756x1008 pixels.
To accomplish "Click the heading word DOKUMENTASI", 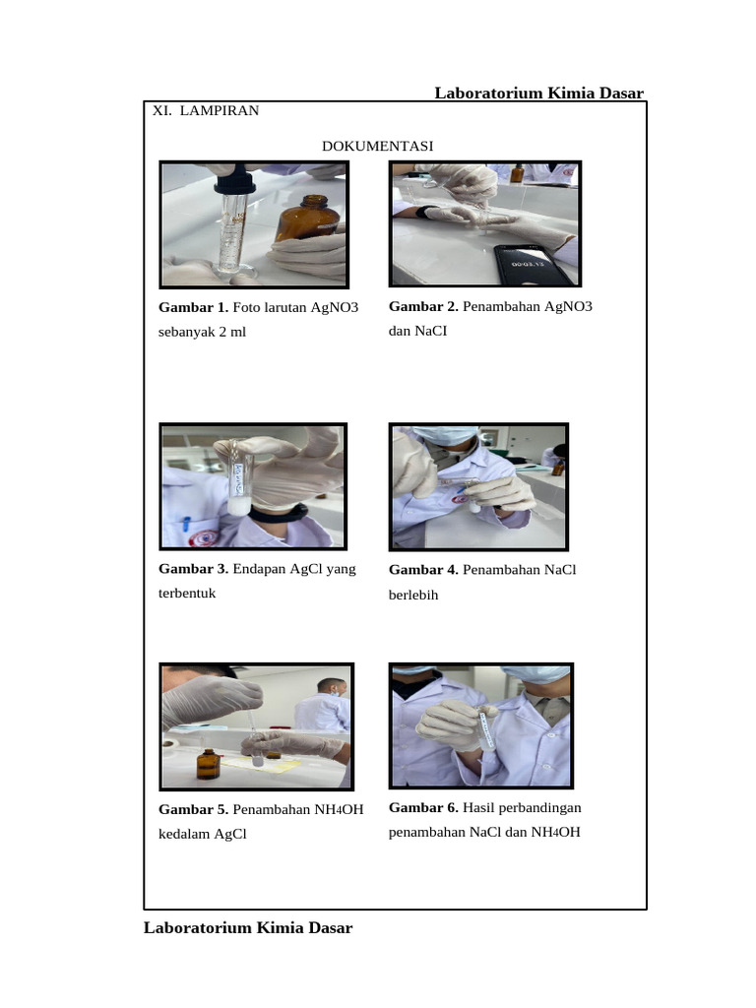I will (378, 147).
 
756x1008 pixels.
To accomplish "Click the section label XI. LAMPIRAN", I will (206, 110).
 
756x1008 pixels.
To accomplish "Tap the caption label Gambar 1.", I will (194, 308).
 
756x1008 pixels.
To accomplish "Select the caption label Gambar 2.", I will (423, 306).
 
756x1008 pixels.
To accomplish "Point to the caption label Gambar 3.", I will (194, 569).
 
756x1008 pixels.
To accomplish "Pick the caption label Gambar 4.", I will (423, 570).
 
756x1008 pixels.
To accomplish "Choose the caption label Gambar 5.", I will (194, 810).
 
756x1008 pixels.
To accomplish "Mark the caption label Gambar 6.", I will (423, 808).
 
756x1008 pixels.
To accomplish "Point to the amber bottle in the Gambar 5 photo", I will (207, 763).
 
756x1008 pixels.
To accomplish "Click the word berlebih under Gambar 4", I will (413, 596).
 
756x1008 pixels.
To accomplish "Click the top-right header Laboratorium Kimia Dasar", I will (539, 94).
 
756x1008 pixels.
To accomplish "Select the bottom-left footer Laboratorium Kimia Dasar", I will (248, 927).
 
